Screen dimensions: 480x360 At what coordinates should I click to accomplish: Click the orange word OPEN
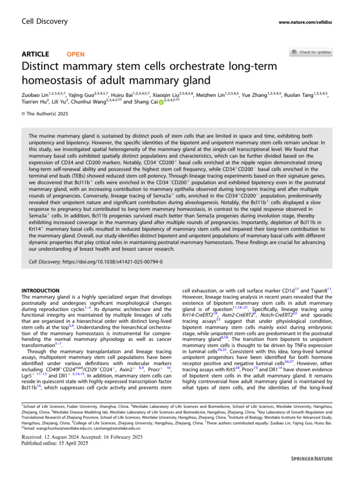click(76, 54)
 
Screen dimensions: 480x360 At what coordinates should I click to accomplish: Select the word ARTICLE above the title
click(40, 54)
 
